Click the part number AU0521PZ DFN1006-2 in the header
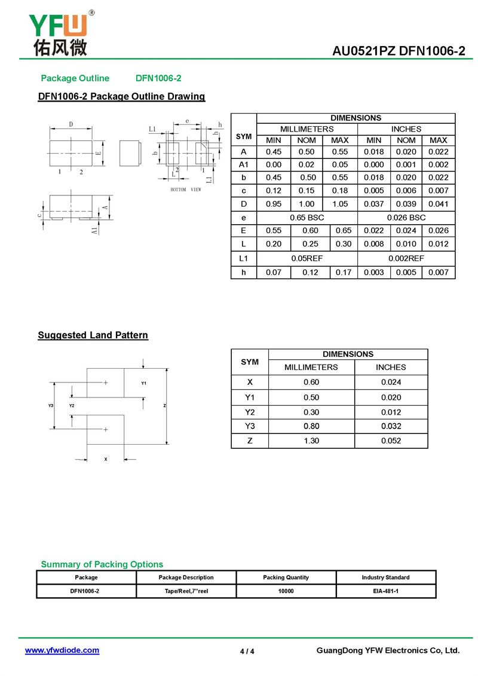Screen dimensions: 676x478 coord(399,51)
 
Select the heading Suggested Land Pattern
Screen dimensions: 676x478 coord(93,335)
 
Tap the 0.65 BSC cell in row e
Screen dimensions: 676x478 coord(307,218)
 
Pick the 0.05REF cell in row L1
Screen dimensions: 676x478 coord(307,258)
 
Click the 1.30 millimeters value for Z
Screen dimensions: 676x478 coord(311,441)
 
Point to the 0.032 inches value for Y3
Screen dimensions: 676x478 coord(391,426)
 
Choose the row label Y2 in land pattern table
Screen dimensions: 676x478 coord(250,412)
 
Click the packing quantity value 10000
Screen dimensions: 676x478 coord(286,591)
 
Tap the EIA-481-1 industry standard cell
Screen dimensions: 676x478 coord(385,591)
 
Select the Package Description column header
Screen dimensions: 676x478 coord(186,577)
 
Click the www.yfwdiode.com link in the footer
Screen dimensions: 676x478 coord(62,650)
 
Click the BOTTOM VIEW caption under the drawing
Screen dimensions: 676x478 coord(186,189)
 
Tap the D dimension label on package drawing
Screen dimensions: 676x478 coord(71,124)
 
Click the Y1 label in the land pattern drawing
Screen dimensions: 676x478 coord(144,383)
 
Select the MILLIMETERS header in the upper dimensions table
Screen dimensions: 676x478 coord(307,129)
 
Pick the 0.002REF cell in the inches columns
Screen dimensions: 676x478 coord(406,258)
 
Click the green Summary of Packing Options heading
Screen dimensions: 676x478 coord(102,564)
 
